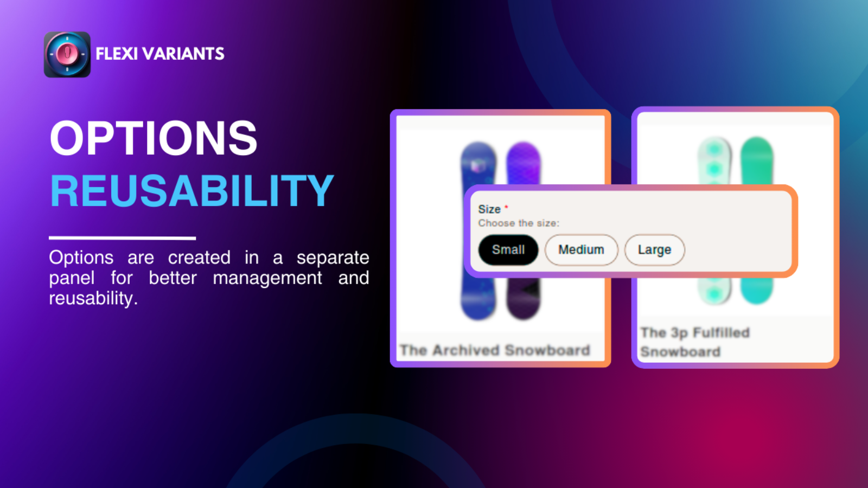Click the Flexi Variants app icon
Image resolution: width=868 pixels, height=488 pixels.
tap(67, 54)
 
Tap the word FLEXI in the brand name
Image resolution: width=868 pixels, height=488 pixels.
tap(117, 54)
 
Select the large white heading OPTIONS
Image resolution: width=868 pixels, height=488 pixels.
tap(154, 138)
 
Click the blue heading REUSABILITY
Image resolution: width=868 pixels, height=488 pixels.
tap(192, 191)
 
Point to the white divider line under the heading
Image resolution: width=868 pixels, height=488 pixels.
tap(123, 238)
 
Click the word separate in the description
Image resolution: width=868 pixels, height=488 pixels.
tap(333, 258)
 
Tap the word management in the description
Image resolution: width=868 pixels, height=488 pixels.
tap(267, 278)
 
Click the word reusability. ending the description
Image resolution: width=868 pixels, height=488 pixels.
tap(93, 298)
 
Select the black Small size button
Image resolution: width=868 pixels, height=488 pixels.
tap(508, 250)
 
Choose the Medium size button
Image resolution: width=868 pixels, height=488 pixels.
tap(581, 250)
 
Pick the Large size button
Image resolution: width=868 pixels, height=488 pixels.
tap(654, 250)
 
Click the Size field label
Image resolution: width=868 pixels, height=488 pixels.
tap(489, 209)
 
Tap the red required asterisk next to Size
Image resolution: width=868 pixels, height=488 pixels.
tap(506, 207)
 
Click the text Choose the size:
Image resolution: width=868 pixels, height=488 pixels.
tap(519, 223)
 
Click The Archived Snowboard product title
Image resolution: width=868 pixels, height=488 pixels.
tap(495, 350)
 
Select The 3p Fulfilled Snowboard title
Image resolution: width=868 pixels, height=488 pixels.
tap(695, 342)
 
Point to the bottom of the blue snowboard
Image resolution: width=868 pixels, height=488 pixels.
tap(478, 317)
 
